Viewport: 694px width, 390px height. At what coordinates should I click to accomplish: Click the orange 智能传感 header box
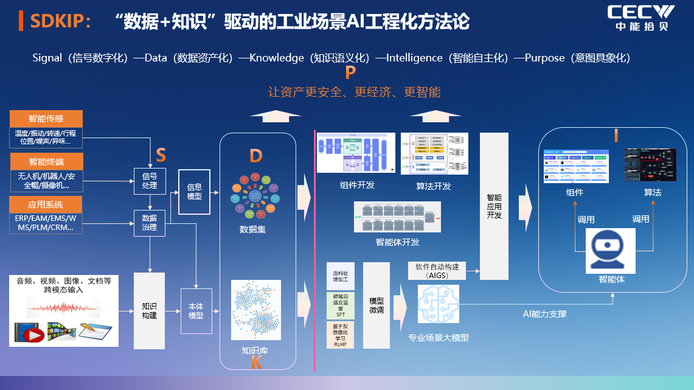46,119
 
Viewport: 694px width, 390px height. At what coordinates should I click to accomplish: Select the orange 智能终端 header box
46,162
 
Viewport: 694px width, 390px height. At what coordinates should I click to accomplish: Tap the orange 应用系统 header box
46,204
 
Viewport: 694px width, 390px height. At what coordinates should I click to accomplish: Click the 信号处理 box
150,181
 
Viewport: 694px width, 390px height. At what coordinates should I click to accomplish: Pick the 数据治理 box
150,223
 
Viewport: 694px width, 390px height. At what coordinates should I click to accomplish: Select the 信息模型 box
194,192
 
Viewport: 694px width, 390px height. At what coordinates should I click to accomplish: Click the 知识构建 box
150,311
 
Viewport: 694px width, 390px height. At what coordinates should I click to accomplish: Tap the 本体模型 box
196,311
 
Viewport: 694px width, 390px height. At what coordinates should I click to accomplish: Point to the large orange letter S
161,156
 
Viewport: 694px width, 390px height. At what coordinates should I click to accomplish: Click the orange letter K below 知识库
256,363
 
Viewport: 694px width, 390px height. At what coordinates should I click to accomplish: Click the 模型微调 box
376,305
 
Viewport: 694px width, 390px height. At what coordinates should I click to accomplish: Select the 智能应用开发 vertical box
494,206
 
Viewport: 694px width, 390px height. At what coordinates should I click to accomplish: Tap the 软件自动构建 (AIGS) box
437,271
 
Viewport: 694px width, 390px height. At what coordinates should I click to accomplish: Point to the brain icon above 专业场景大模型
438,304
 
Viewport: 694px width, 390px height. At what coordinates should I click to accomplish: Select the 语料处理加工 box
341,276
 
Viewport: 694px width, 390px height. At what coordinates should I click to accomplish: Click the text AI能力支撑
544,314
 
